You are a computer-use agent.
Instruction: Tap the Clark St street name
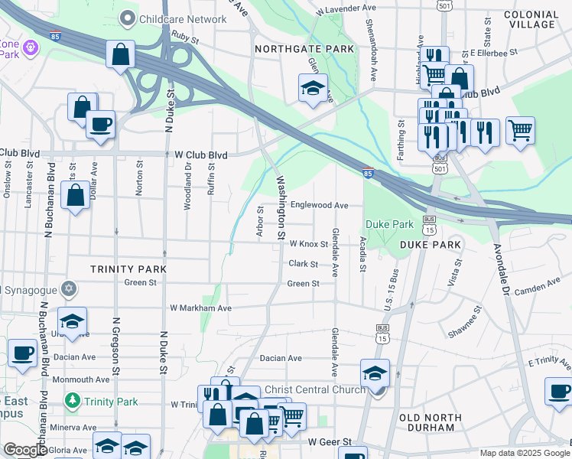tap(303, 264)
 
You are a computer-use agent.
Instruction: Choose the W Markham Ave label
tap(200, 308)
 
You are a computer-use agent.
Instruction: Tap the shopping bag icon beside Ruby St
tap(121, 55)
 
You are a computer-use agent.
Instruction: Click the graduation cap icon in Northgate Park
tap(313, 88)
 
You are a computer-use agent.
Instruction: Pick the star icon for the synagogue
tap(70, 289)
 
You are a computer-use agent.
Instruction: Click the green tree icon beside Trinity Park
tap(72, 400)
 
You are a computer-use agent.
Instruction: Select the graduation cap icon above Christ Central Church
tap(375, 373)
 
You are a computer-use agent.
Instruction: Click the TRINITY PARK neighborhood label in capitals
tap(128, 269)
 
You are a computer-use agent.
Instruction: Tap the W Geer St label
tap(329, 442)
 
